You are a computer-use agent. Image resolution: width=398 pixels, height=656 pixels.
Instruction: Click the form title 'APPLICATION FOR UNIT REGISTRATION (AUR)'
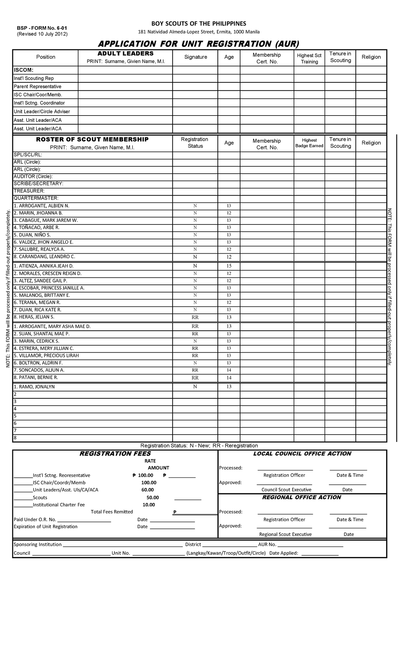tap(198, 44)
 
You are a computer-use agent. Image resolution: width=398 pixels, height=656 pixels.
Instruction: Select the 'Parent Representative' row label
tap(37, 87)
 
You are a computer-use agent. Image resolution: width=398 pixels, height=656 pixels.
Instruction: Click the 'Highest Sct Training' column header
tap(309, 58)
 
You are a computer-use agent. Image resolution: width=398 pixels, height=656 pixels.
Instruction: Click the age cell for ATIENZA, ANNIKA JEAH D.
tap(229, 266)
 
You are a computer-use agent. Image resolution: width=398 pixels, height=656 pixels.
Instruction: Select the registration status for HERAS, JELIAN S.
tap(195, 317)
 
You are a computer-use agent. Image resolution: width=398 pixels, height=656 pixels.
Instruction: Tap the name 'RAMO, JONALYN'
tap(36, 387)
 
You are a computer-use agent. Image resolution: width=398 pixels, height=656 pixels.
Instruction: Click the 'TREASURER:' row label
tap(29, 191)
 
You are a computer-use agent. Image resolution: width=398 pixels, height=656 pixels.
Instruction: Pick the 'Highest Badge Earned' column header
tap(309, 143)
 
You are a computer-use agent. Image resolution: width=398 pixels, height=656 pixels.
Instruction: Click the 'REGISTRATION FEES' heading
tap(115, 453)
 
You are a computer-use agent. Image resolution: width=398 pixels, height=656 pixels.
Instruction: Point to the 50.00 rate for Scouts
tap(153, 498)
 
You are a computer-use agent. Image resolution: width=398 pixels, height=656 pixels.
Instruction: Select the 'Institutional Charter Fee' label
tap(59, 505)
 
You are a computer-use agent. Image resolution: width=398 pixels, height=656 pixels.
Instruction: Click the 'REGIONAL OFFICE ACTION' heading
tap(301, 497)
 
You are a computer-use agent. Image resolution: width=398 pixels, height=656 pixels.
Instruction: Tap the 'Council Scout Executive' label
tap(286, 490)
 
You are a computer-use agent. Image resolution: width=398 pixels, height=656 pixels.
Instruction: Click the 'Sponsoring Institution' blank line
tap(123, 545)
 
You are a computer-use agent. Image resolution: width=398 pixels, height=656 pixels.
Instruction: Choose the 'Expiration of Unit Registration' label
tap(45, 527)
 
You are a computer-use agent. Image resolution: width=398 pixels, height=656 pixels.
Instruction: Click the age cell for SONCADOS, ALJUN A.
tap(229, 370)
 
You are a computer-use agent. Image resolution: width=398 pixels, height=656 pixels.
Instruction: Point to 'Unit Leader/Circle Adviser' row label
tap(42, 112)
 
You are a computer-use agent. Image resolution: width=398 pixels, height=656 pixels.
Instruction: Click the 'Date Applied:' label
tap(284, 553)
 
